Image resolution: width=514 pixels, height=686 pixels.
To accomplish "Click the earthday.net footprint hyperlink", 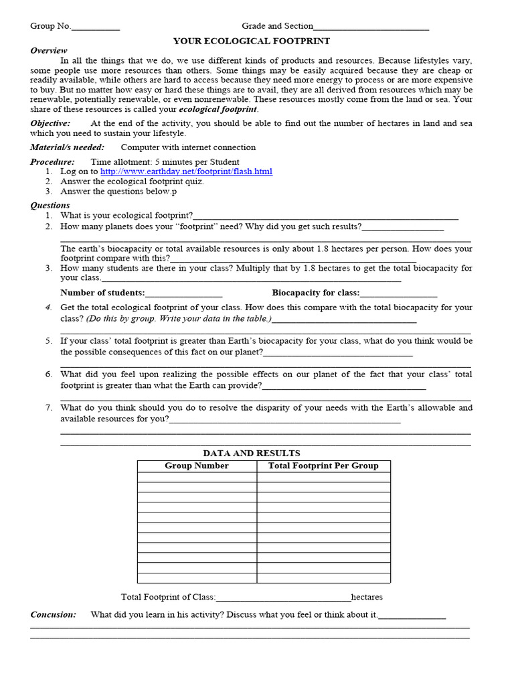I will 186,171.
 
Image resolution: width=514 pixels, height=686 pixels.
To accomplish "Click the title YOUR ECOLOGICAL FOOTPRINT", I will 252,41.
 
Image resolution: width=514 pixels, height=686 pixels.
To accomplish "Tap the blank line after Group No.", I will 96,27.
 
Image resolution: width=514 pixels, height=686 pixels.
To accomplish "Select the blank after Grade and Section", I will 371,27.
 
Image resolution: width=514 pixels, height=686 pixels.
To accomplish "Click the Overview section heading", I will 49,51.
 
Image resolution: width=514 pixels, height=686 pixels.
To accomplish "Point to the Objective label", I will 50,123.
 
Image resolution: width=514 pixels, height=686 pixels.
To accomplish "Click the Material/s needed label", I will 67,147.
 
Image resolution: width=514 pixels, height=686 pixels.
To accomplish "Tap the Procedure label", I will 52,162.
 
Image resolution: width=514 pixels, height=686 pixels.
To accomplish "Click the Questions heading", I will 50,206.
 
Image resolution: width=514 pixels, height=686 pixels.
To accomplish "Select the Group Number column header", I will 197,466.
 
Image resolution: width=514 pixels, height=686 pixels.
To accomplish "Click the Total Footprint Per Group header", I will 323,466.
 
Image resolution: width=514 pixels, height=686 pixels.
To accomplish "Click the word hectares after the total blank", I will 367,597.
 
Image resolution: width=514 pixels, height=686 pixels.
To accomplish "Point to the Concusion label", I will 54,614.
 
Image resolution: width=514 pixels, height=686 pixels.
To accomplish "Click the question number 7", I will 49,407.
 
